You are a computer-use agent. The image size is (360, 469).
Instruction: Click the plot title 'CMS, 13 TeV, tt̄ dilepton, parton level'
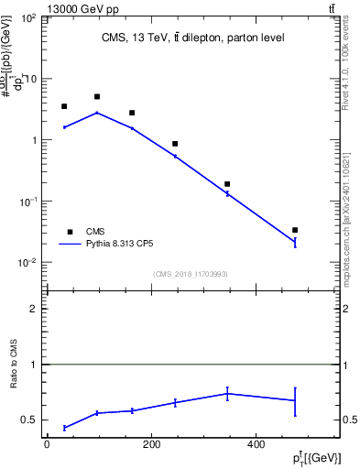(x=191, y=38)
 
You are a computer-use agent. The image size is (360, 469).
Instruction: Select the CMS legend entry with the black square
(x=70, y=232)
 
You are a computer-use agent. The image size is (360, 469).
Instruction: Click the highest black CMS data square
(x=97, y=96)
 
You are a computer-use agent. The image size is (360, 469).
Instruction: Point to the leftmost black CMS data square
(x=64, y=106)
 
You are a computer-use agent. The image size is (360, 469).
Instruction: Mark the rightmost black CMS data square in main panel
(x=295, y=230)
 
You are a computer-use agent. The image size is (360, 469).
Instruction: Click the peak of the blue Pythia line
(x=97, y=113)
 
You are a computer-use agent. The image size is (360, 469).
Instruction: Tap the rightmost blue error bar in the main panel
(x=295, y=243)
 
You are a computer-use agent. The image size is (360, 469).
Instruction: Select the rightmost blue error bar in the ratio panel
(x=295, y=400)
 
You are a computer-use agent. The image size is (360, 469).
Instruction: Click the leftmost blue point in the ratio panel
(x=64, y=428)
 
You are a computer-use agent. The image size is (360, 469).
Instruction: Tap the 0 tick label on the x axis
(x=47, y=445)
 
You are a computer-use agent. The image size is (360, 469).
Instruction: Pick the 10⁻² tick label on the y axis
(x=27, y=263)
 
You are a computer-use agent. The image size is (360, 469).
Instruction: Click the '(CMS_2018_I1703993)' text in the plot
(x=191, y=273)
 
